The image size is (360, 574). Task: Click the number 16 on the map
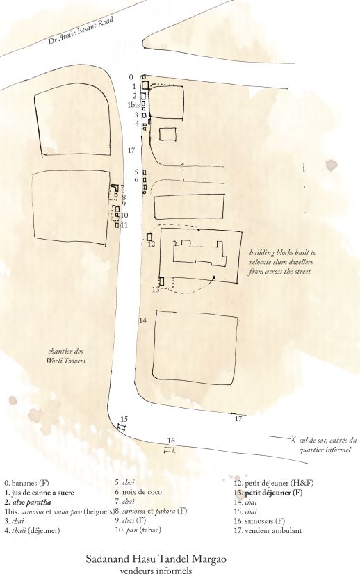click(x=170, y=440)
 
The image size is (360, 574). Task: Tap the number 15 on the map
click(x=124, y=418)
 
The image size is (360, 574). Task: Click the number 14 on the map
click(x=142, y=320)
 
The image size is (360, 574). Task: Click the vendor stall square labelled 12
click(x=149, y=237)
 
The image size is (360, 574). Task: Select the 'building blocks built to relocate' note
click(x=283, y=262)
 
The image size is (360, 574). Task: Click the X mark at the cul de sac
click(x=293, y=439)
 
